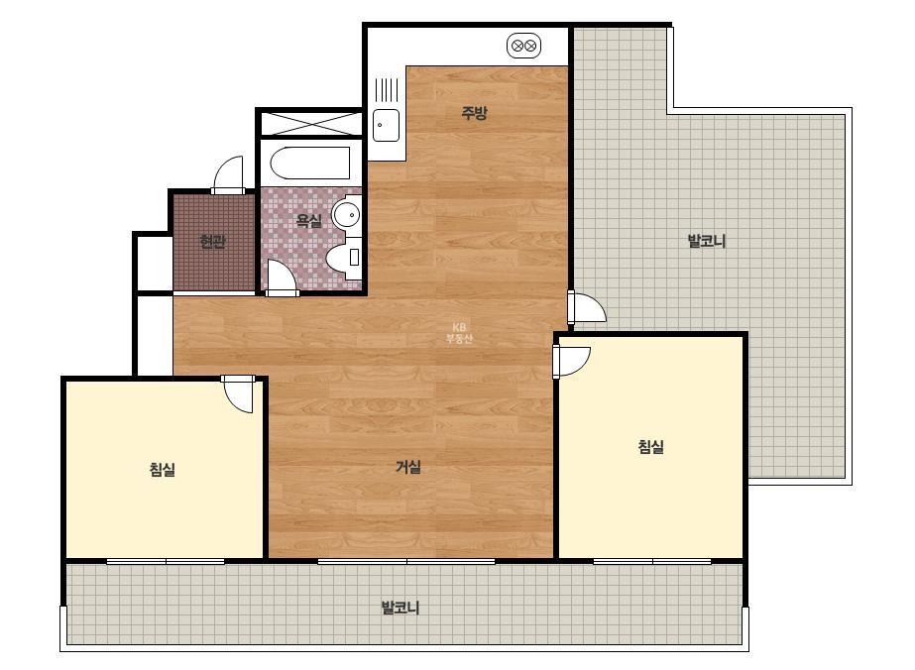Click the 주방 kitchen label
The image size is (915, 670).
click(474, 113)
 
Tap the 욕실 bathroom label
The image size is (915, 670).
click(309, 221)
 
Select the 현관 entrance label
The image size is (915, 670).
click(212, 241)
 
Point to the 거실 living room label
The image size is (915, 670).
click(408, 467)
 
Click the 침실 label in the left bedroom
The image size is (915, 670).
click(163, 469)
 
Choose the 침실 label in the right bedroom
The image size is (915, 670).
click(650, 447)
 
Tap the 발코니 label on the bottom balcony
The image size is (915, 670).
click(400, 608)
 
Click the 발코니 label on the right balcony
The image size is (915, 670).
click(707, 241)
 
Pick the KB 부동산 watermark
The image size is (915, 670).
click(459, 333)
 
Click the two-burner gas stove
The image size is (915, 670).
click(523, 46)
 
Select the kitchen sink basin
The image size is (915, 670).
click(387, 125)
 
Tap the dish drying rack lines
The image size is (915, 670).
click(387, 90)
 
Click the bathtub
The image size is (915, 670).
click(310, 163)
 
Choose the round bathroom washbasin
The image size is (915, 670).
click(347, 214)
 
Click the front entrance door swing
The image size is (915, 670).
click(228, 173)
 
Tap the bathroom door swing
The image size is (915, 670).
click(282, 277)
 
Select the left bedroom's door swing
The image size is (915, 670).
click(238, 393)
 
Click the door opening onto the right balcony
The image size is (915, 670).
click(588, 307)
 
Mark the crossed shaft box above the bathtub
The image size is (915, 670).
click(310, 123)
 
